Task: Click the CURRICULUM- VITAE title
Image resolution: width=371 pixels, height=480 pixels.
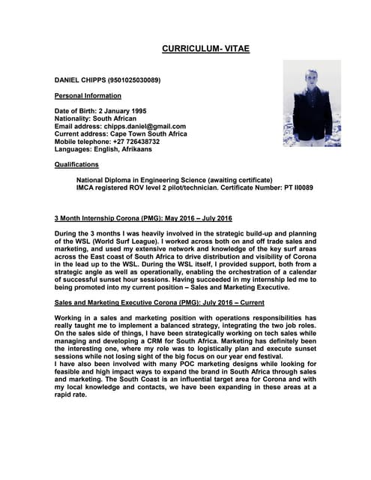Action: (205, 49)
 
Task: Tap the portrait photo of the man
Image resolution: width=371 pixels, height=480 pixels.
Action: (311, 103)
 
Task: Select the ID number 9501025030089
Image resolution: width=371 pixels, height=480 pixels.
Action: (133, 79)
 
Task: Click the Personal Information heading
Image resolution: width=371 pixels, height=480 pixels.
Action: (88, 96)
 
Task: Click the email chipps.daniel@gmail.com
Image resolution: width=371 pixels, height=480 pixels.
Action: (146, 127)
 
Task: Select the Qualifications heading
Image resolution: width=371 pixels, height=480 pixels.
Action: (76, 164)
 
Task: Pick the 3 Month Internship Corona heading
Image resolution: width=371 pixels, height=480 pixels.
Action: (143, 218)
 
